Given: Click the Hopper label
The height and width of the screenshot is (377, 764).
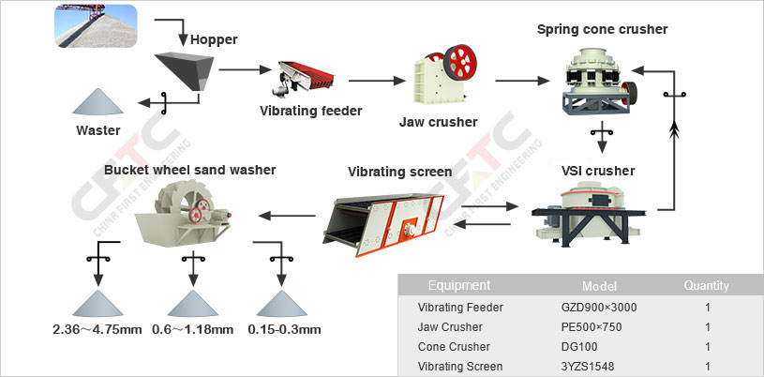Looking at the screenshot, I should point(213,39).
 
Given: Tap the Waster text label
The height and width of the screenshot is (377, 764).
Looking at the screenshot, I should point(97,130).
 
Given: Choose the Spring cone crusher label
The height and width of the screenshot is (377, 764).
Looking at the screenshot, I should point(602,29).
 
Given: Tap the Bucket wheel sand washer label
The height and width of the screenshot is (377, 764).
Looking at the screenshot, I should point(190,170).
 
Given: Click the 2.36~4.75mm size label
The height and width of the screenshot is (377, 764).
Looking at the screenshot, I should point(97,329).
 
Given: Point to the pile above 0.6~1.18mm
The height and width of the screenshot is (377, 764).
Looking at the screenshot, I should point(192,304).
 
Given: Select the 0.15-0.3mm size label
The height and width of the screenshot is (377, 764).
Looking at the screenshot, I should point(284,329).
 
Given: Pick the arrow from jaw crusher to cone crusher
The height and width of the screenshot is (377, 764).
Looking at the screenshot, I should point(521,81).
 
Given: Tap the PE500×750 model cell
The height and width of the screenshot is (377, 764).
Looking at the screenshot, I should point(592,326).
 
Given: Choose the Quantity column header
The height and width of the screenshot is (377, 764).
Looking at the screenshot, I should point(706,286).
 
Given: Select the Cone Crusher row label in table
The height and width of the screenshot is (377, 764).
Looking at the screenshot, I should point(454,346).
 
